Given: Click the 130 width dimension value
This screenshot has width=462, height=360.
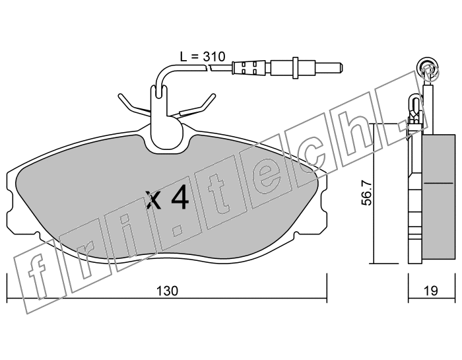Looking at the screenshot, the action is coord(167,291).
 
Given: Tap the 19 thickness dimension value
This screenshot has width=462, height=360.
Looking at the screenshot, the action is coord(432,291).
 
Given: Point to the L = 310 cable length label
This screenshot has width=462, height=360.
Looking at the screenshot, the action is coord(203,56).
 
